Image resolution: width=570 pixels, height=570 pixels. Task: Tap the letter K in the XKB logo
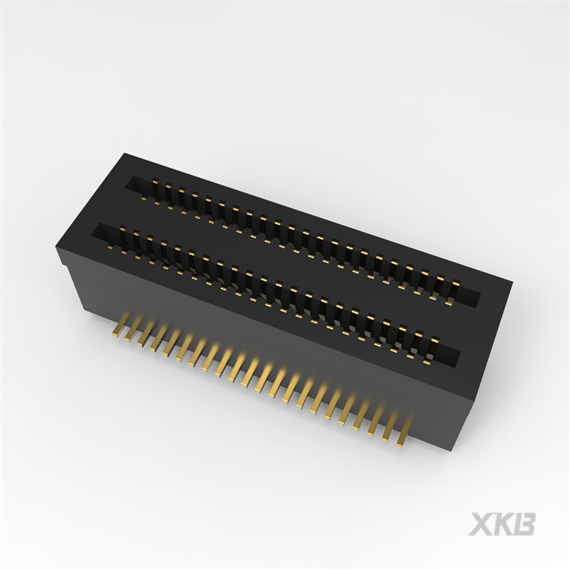pyautogui.click(x=502, y=524)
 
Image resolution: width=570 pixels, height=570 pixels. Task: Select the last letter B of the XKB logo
pyautogui.click(x=525, y=524)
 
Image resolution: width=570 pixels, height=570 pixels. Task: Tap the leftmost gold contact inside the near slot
pyautogui.click(x=119, y=232)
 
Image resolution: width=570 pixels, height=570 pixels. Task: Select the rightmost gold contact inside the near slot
pyautogui.click(x=433, y=344)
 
